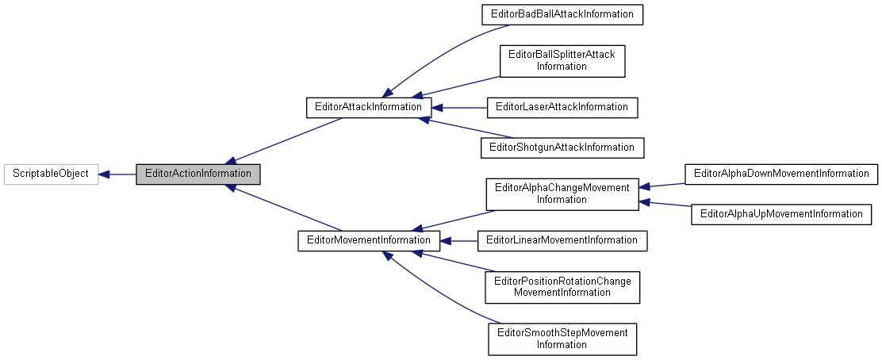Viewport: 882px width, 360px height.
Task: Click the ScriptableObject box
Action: (x=51, y=174)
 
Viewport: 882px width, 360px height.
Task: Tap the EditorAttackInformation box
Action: (x=369, y=106)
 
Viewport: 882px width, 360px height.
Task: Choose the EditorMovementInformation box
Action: (x=368, y=240)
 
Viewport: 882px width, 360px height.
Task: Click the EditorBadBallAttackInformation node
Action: (x=562, y=14)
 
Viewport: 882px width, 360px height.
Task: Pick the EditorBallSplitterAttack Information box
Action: (x=562, y=60)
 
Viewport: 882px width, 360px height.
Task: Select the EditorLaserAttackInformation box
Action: (x=562, y=106)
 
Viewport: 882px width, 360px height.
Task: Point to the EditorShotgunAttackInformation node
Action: (x=562, y=147)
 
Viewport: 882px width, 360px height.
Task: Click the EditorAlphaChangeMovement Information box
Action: (x=562, y=193)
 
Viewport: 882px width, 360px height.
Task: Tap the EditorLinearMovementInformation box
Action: (x=562, y=240)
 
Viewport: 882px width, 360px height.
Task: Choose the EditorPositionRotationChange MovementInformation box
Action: (x=562, y=286)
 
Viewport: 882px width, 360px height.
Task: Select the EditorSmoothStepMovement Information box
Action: (x=562, y=339)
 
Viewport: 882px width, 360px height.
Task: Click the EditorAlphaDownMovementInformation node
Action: (x=781, y=174)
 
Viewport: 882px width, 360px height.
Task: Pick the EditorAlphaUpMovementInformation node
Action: (x=781, y=214)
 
